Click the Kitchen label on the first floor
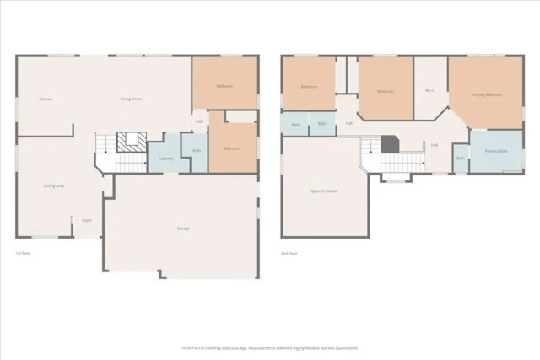point(46,99)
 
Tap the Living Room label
point(131,99)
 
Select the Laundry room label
point(165,158)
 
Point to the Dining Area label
point(55,185)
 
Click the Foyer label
point(87,220)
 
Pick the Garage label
point(183,228)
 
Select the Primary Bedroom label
point(487,94)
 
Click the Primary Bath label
point(496,151)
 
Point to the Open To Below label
point(324,192)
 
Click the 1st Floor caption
point(24,253)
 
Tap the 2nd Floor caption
point(289,253)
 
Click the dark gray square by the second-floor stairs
point(389,145)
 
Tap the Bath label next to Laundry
point(197,151)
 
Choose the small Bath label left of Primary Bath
point(461,158)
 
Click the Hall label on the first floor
point(199,121)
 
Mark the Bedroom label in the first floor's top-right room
point(224,86)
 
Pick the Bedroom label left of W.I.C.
point(386,91)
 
